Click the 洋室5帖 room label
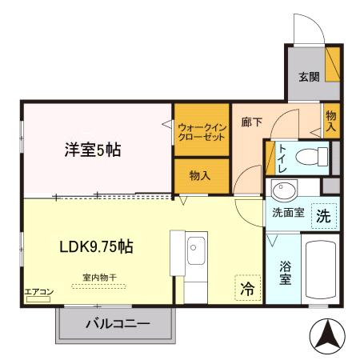click(93, 150)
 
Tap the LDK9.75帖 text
click(95, 247)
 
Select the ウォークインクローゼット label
click(202, 131)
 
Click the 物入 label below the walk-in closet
click(200, 175)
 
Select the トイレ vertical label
click(283, 158)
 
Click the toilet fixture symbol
click(317, 154)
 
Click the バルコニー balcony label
click(117, 324)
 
